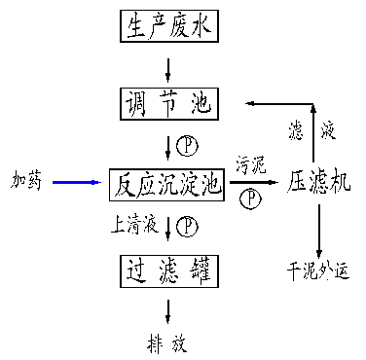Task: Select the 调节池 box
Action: point(169,101)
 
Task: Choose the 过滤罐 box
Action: point(169,268)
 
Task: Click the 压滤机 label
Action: point(317,182)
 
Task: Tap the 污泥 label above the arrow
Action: point(250,166)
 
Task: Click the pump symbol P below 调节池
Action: point(188,146)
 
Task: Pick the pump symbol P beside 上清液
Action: point(188,226)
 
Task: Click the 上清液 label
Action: point(135,226)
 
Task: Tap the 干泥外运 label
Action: point(317,269)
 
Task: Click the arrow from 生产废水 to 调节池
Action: point(169,68)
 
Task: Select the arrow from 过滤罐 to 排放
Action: point(169,308)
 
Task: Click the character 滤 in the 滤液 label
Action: point(297,128)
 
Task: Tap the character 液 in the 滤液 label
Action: point(330,128)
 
